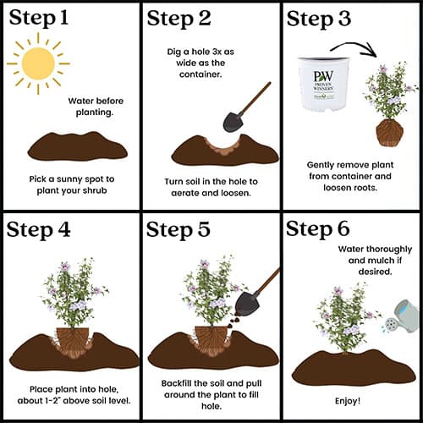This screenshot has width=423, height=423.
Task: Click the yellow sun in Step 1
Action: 38,63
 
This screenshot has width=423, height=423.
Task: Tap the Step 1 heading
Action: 39,19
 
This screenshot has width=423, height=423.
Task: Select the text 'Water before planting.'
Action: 96,107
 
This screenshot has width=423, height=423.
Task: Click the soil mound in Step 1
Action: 78,146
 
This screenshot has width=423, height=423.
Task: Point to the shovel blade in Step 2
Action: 233,122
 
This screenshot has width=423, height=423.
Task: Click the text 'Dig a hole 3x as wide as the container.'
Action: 201,63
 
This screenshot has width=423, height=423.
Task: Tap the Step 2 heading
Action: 179,19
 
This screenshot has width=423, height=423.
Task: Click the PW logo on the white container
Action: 323,75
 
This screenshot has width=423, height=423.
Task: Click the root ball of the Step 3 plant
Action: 389,133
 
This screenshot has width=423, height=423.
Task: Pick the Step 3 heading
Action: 319,19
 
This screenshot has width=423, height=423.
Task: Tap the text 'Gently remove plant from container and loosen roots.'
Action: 350,176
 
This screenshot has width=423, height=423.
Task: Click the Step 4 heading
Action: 38,230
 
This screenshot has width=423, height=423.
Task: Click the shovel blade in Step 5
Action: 247,304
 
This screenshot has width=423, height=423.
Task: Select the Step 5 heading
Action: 179,229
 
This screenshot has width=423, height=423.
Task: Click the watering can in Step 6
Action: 401,316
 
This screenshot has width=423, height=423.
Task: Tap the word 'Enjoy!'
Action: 348,401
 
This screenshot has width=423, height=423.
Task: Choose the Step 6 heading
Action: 318,228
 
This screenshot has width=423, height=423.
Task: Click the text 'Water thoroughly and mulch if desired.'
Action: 375,261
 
